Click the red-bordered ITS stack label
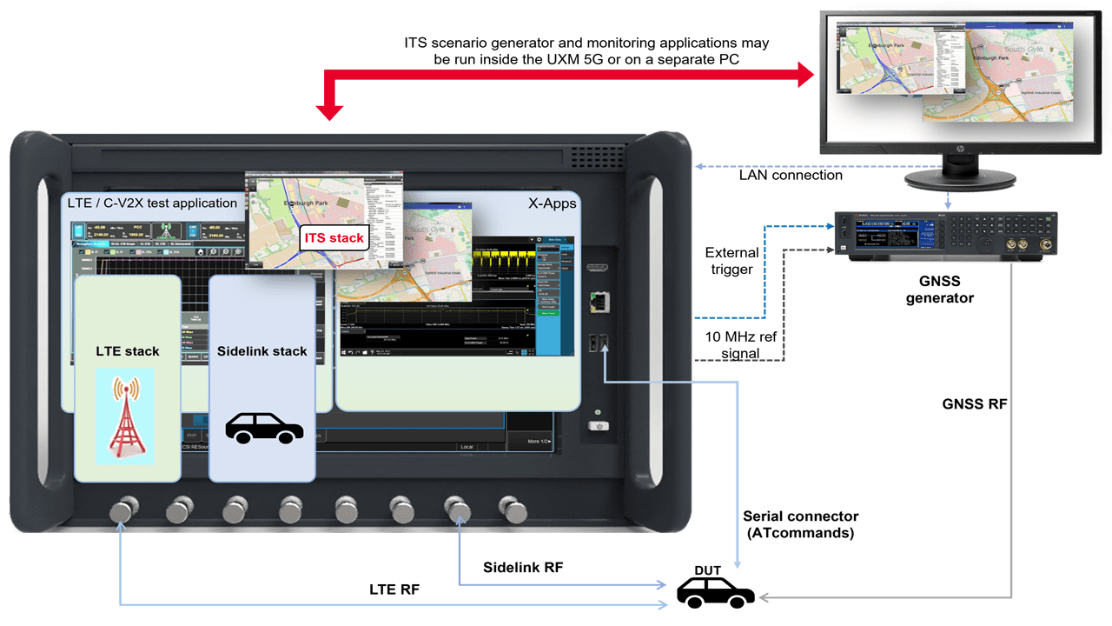(334, 237)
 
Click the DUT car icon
(715, 594)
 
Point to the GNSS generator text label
(939, 290)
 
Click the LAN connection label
(790, 175)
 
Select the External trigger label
(731, 260)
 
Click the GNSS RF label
(974, 403)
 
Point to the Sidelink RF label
(523, 567)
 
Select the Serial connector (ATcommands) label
(800, 524)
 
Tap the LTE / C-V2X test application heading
(152, 203)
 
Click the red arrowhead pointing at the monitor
(804, 76)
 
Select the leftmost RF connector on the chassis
(122, 509)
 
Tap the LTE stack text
(128, 351)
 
